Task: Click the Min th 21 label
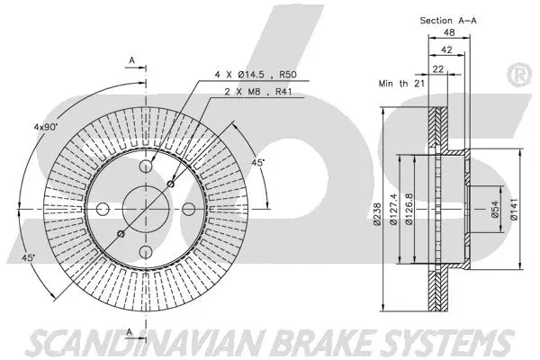401,83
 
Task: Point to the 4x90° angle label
44,128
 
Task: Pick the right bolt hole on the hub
189,208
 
